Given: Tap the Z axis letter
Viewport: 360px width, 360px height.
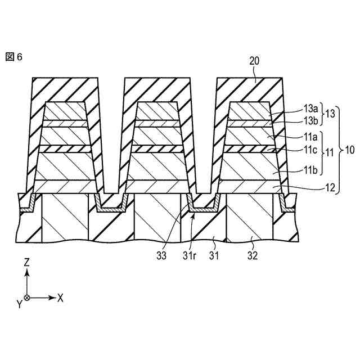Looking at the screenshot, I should (x=27, y=262).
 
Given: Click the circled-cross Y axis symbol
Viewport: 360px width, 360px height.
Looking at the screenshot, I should (x=27, y=297).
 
